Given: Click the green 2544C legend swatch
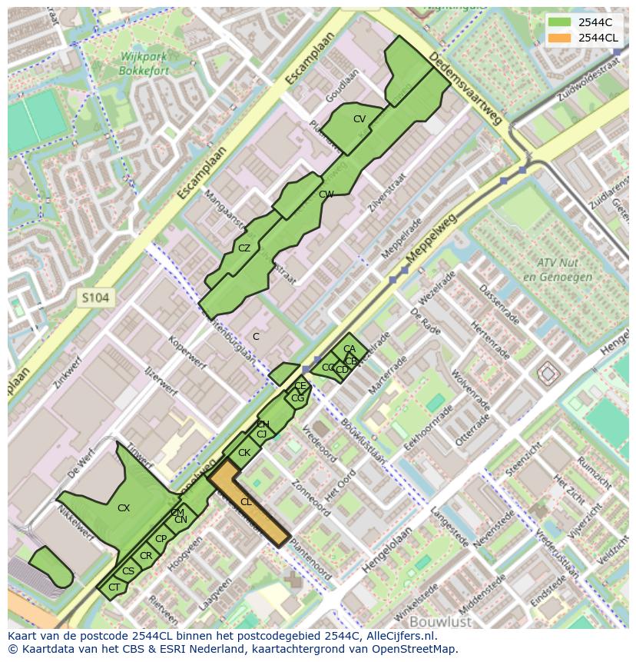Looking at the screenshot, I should pyautogui.click(x=560, y=22).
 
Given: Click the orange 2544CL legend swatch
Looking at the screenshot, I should pyautogui.click(x=560, y=38).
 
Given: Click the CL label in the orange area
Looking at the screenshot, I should pyautogui.click(x=246, y=502).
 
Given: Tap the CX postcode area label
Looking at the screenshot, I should pyautogui.click(x=124, y=508).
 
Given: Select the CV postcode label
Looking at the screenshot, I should pyautogui.click(x=359, y=119).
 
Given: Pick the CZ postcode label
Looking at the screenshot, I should pyautogui.click(x=244, y=248).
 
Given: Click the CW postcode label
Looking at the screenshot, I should pyautogui.click(x=326, y=195).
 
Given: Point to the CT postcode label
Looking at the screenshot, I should pyautogui.click(x=114, y=587).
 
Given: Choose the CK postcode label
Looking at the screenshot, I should pyautogui.click(x=244, y=453).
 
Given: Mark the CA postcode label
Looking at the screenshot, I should pyautogui.click(x=349, y=349).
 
